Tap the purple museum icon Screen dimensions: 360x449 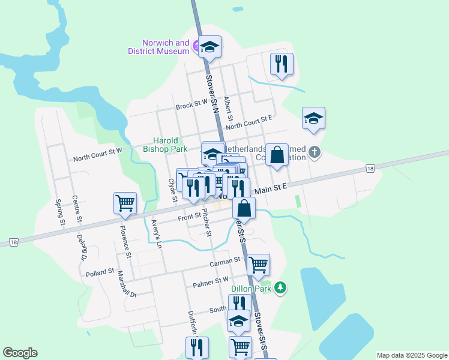(197, 44)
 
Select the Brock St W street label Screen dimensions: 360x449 (191, 106)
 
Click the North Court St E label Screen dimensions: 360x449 (249, 122)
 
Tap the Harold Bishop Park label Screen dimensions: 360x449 (165, 143)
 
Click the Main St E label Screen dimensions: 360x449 (270, 188)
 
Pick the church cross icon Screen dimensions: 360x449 (314, 153)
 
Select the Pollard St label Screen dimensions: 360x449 (100, 272)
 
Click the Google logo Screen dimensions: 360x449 (20, 353)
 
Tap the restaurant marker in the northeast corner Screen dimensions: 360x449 (282, 64)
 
